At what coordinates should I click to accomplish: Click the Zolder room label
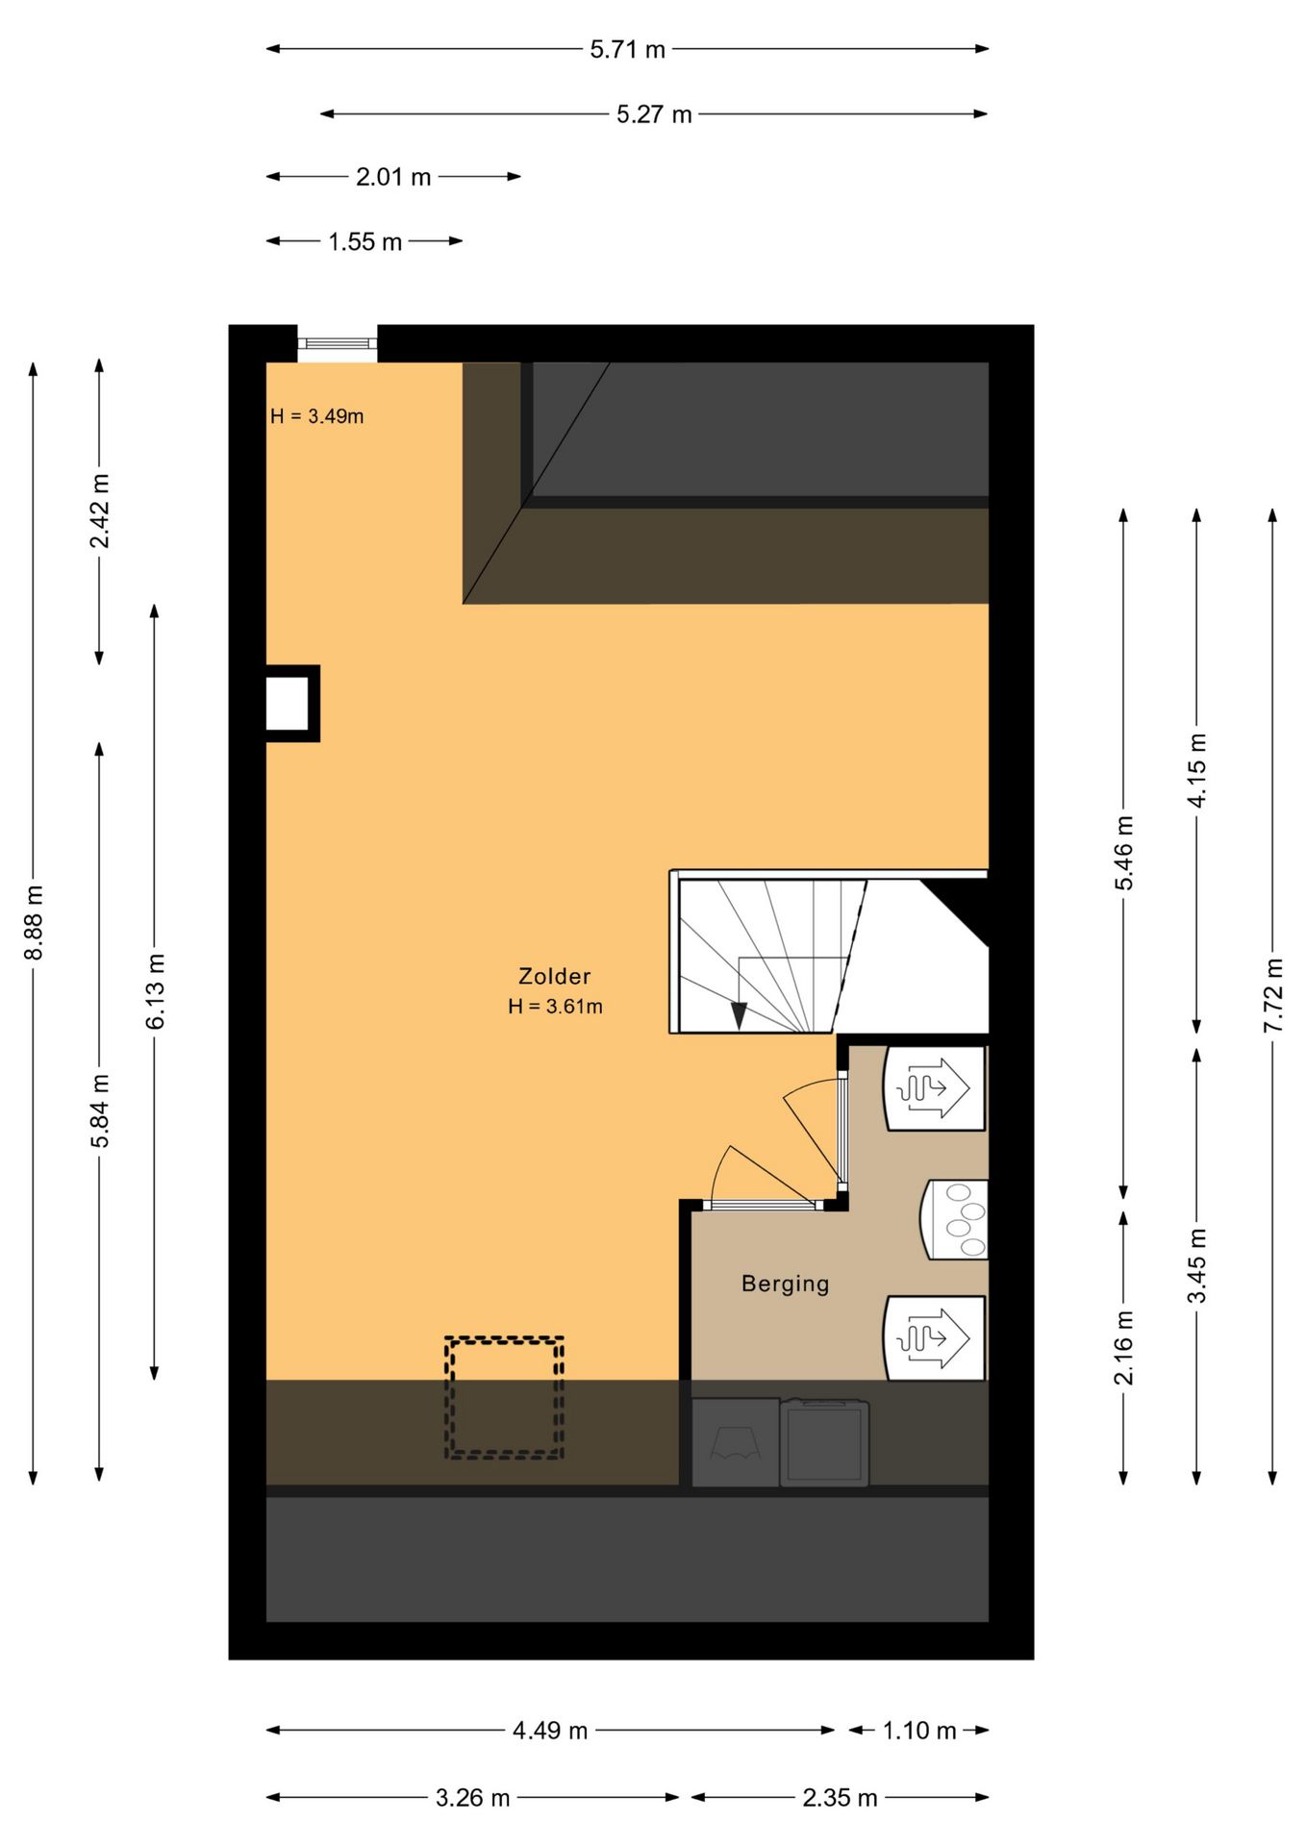tap(554, 976)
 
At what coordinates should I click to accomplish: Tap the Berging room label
tap(785, 1284)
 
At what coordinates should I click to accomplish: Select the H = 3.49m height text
tap(316, 416)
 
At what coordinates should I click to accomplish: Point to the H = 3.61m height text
tap(555, 1007)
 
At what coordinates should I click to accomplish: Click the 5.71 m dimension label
tap(627, 49)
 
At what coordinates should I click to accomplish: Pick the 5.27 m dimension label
tap(654, 114)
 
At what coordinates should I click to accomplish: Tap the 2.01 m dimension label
tap(393, 177)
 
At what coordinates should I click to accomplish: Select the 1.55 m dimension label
tap(364, 241)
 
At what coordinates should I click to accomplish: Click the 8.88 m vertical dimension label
tap(34, 923)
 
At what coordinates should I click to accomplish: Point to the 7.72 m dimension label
tap(1273, 995)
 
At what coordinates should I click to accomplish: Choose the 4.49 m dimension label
tap(549, 1731)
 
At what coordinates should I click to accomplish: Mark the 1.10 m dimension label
tap(919, 1731)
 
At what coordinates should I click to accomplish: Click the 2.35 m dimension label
tap(840, 1798)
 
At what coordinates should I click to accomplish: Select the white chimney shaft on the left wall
tap(288, 703)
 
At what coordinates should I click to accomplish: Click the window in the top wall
tap(337, 343)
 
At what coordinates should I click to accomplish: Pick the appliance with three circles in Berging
tap(956, 1219)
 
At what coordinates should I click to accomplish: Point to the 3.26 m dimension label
tap(472, 1798)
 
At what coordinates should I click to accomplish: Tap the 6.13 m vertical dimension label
tap(156, 991)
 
